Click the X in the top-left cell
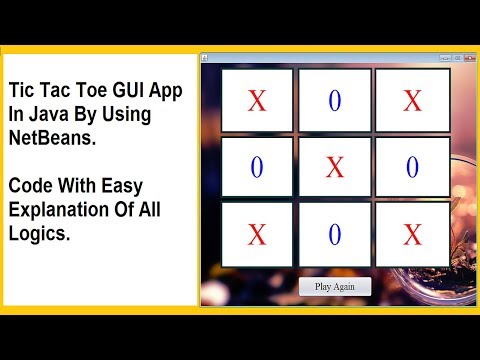257,101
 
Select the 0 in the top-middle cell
335,101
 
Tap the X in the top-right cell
412,101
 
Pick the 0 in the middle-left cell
257,168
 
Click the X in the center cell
335,168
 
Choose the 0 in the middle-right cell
412,168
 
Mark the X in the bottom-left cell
257,235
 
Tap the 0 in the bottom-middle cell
335,235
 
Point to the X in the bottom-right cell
412,235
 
